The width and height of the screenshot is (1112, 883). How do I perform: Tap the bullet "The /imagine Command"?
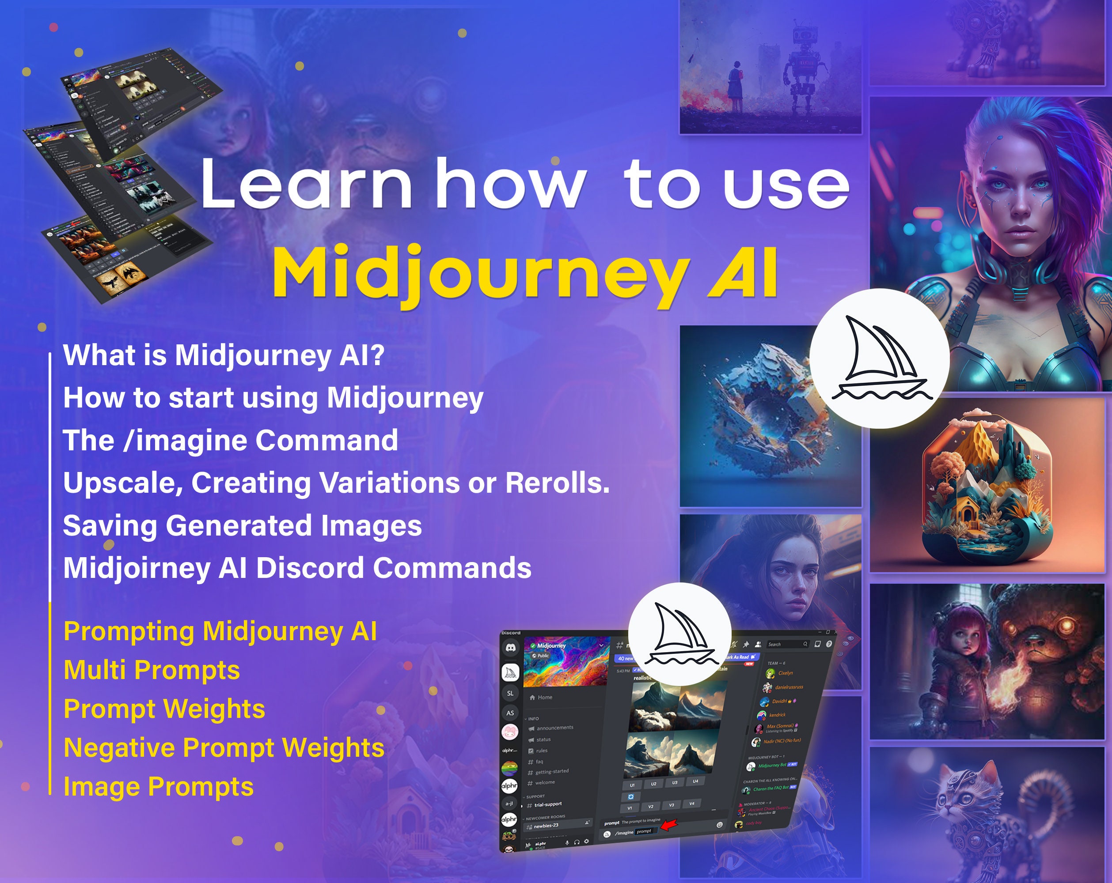point(230,441)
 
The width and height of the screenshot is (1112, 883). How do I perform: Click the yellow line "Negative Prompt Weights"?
point(224,748)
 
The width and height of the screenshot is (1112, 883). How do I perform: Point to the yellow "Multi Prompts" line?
point(152,670)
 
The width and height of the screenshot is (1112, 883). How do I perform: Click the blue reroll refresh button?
point(630,796)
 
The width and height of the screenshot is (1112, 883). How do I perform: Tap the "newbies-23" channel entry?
point(546,826)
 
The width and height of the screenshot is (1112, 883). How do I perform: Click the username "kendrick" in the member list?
point(777,715)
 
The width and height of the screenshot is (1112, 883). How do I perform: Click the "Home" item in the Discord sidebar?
point(545,698)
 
